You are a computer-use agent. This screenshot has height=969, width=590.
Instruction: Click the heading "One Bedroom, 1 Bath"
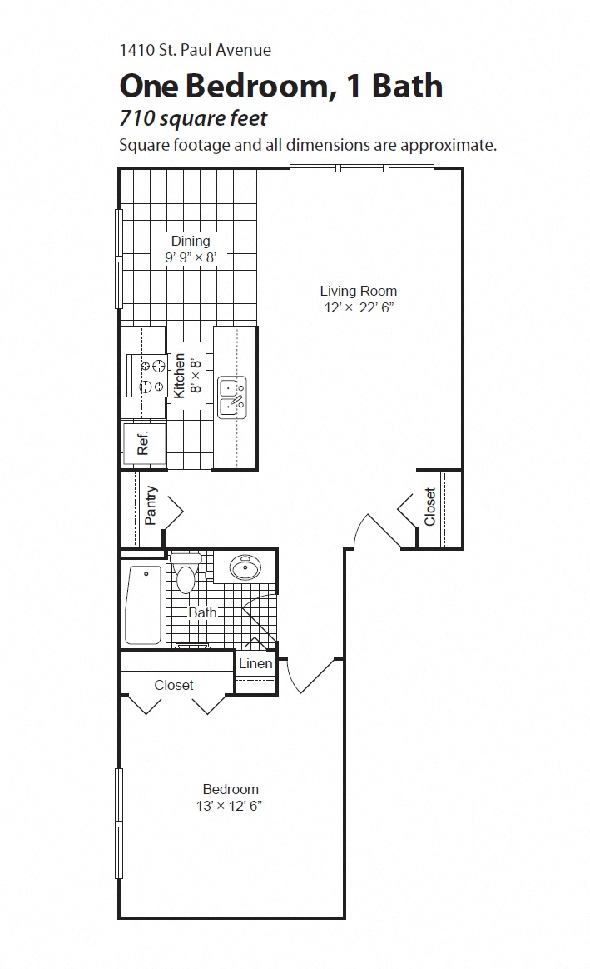[280, 86]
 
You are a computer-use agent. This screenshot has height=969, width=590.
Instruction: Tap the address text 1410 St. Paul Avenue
[195, 50]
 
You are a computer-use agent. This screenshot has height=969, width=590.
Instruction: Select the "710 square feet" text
[193, 118]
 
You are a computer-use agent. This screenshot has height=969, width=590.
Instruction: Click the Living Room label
[358, 291]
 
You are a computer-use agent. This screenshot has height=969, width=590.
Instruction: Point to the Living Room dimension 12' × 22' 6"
[358, 307]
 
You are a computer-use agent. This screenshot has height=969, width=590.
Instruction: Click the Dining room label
[191, 241]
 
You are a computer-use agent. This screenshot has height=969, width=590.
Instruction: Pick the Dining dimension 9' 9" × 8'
[191, 257]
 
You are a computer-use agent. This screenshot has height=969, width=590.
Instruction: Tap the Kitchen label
[179, 376]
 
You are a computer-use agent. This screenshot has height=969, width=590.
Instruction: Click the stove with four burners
[146, 376]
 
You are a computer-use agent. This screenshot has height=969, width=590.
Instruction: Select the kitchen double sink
[232, 397]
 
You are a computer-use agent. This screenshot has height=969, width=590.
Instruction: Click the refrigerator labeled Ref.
[143, 442]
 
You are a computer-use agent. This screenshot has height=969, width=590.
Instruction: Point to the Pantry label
[151, 506]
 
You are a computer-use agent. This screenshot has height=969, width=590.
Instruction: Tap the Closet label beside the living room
[429, 507]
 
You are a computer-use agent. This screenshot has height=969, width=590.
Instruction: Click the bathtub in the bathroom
[146, 604]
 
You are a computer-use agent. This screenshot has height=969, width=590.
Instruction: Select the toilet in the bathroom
[185, 573]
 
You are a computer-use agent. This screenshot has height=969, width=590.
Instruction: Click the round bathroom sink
[245, 569]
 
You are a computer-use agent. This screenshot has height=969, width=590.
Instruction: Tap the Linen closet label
[255, 664]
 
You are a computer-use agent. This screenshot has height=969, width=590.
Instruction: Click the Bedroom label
[231, 789]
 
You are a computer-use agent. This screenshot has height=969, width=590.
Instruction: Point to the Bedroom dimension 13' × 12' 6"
[231, 806]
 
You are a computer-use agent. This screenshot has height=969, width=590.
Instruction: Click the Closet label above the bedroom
[174, 685]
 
